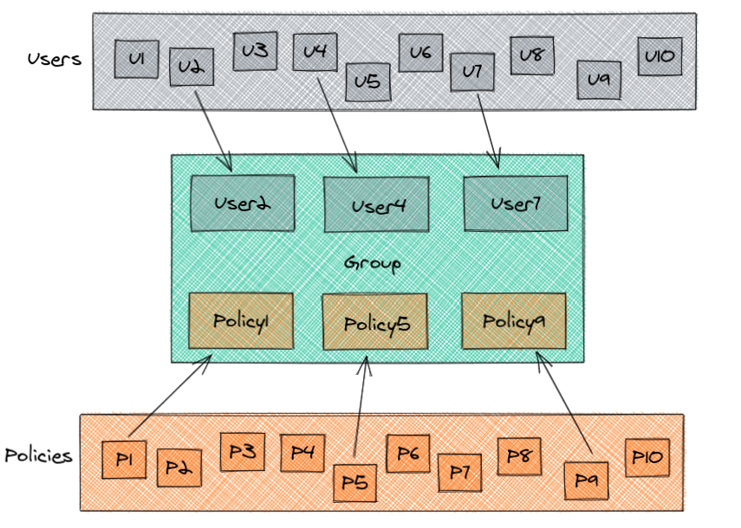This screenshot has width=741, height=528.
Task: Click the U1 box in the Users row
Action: coord(136,59)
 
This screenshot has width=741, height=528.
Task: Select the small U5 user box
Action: coord(367,82)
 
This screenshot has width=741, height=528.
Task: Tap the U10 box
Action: coord(660,57)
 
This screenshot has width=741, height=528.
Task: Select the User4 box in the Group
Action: coord(376,205)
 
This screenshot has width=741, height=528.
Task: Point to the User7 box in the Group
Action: coord(515,203)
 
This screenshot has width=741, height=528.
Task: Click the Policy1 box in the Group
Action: coord(241,319)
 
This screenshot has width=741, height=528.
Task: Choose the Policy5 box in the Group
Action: coord(374,322)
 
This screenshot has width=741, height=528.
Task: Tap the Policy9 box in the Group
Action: coord(513,320)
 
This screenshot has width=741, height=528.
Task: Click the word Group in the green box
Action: coord(373,262)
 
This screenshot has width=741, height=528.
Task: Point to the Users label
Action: coord(54,60)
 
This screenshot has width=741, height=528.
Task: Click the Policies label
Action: coord(38,455)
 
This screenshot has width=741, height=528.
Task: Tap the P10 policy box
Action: coord(647,458)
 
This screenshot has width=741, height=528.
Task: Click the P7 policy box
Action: coord(459,472)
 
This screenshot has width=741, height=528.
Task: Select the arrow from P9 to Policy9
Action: coord(565,402)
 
